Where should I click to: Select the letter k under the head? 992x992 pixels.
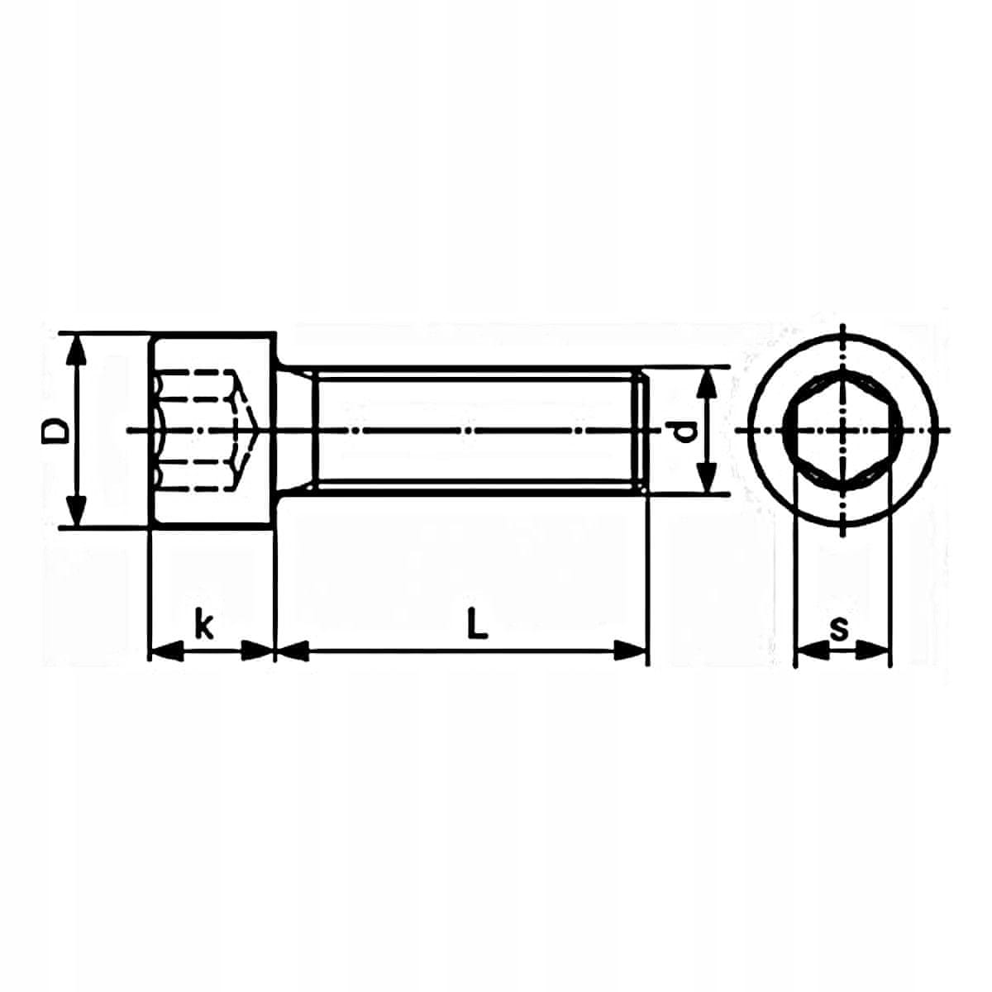(204, 623)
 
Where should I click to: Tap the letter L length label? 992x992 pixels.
(477, 623)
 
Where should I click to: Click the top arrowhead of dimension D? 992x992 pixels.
(77, 353)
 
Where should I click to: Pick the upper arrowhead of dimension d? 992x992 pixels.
(708, 384)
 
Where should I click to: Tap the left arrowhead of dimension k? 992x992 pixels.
(166, 651)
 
